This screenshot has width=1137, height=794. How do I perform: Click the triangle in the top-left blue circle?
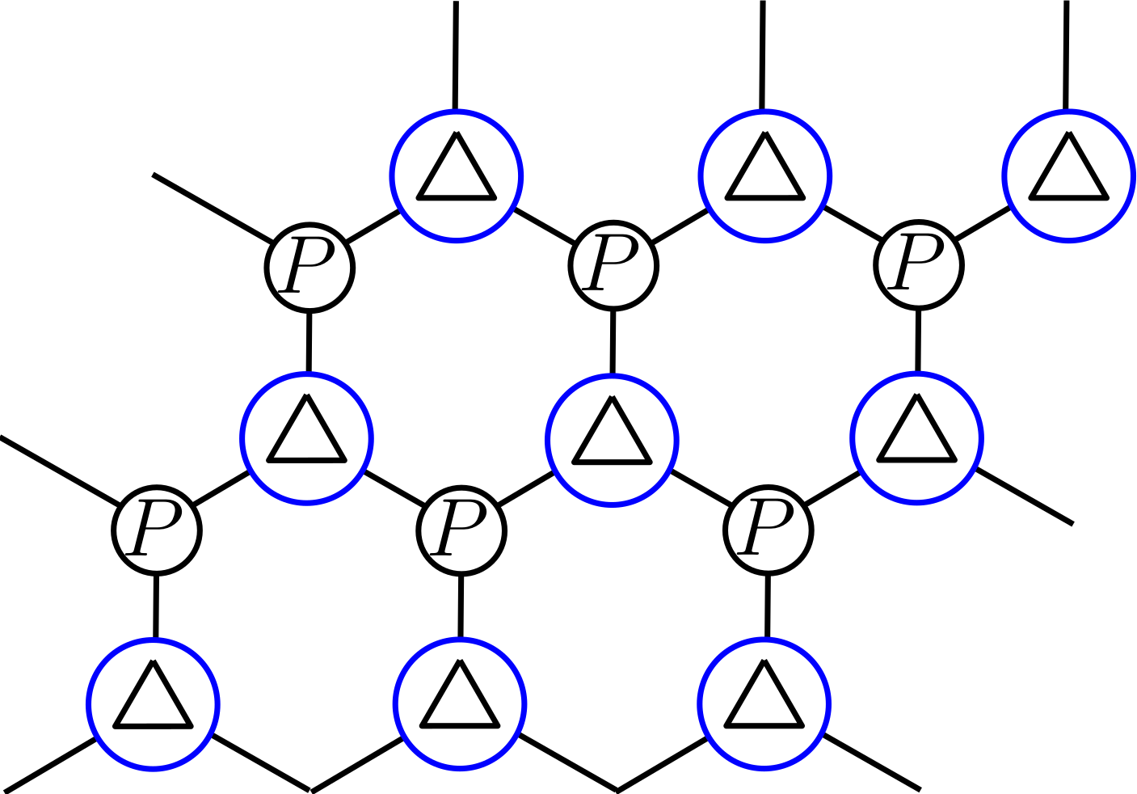pyautogui.click(x=457, y=172)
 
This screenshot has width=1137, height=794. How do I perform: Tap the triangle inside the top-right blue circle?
pyautogui.click(x=1068, y=172)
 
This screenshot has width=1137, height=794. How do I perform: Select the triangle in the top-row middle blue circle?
pyautogui.click(x=764, y=172)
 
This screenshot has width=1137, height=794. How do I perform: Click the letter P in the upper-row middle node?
pyautogui.click(x=613, y=264)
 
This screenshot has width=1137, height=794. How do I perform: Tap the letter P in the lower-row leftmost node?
pyautogui.click(x=156, y=529)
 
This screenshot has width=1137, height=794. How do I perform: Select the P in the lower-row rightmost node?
pyautogui.click(x=767, y=529)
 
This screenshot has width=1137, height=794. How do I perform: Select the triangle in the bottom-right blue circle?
pyautogui.click(x=764, y=700)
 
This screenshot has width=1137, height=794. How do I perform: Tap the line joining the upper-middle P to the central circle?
pyautogui.click(x=613, y=342)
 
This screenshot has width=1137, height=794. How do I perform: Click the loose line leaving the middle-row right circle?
pyautogui.click(x=1024, y=496)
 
